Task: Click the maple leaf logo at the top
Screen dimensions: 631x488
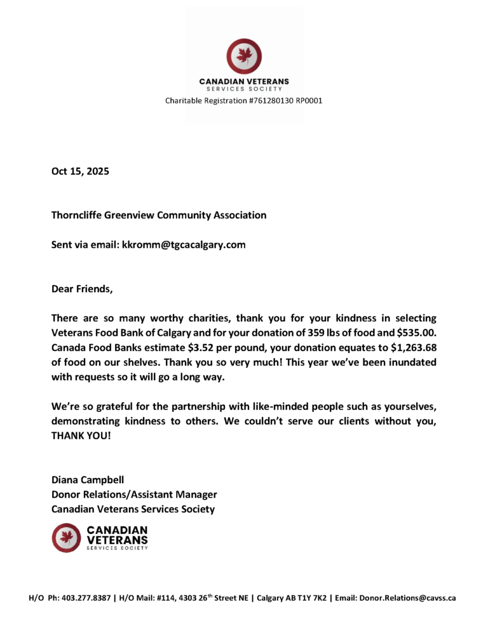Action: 243,56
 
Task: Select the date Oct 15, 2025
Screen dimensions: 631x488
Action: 80,171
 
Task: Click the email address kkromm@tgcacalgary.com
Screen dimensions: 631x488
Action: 184,244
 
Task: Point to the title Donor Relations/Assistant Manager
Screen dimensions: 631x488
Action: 134,494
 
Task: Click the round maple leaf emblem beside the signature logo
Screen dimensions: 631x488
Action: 65,538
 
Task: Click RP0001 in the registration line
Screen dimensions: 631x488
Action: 309,100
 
